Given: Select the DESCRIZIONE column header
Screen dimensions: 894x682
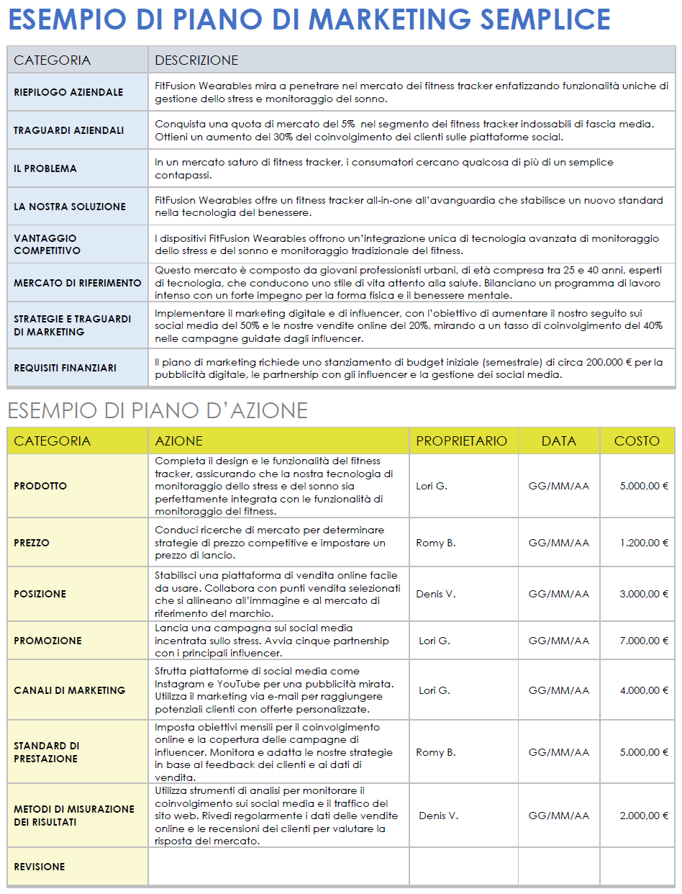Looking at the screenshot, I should [196, 60].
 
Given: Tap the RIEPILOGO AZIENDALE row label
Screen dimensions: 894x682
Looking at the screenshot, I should [68, 92].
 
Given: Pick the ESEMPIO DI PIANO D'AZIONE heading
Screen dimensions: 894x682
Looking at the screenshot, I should [158, 410].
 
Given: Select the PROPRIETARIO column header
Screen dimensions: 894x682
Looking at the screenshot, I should [461, 441].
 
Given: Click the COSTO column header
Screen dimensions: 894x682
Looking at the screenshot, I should [637, 441].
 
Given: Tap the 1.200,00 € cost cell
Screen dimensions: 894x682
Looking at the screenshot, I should [644, 543].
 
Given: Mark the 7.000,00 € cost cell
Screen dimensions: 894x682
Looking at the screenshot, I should [644, 641].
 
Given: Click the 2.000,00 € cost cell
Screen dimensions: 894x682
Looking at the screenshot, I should [644, 816].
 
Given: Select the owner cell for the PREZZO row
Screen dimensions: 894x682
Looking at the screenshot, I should [436, 543].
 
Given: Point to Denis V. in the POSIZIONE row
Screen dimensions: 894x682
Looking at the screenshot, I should [436, 594].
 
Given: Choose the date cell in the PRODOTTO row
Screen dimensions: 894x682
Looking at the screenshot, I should [558, 486].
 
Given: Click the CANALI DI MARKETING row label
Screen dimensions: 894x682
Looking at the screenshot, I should [70, 690].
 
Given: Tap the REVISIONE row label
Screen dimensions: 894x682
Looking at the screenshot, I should [40, 867].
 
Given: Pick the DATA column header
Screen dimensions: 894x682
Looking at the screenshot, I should [558, 441].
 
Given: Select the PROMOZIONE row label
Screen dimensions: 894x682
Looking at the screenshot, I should [47, 641].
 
